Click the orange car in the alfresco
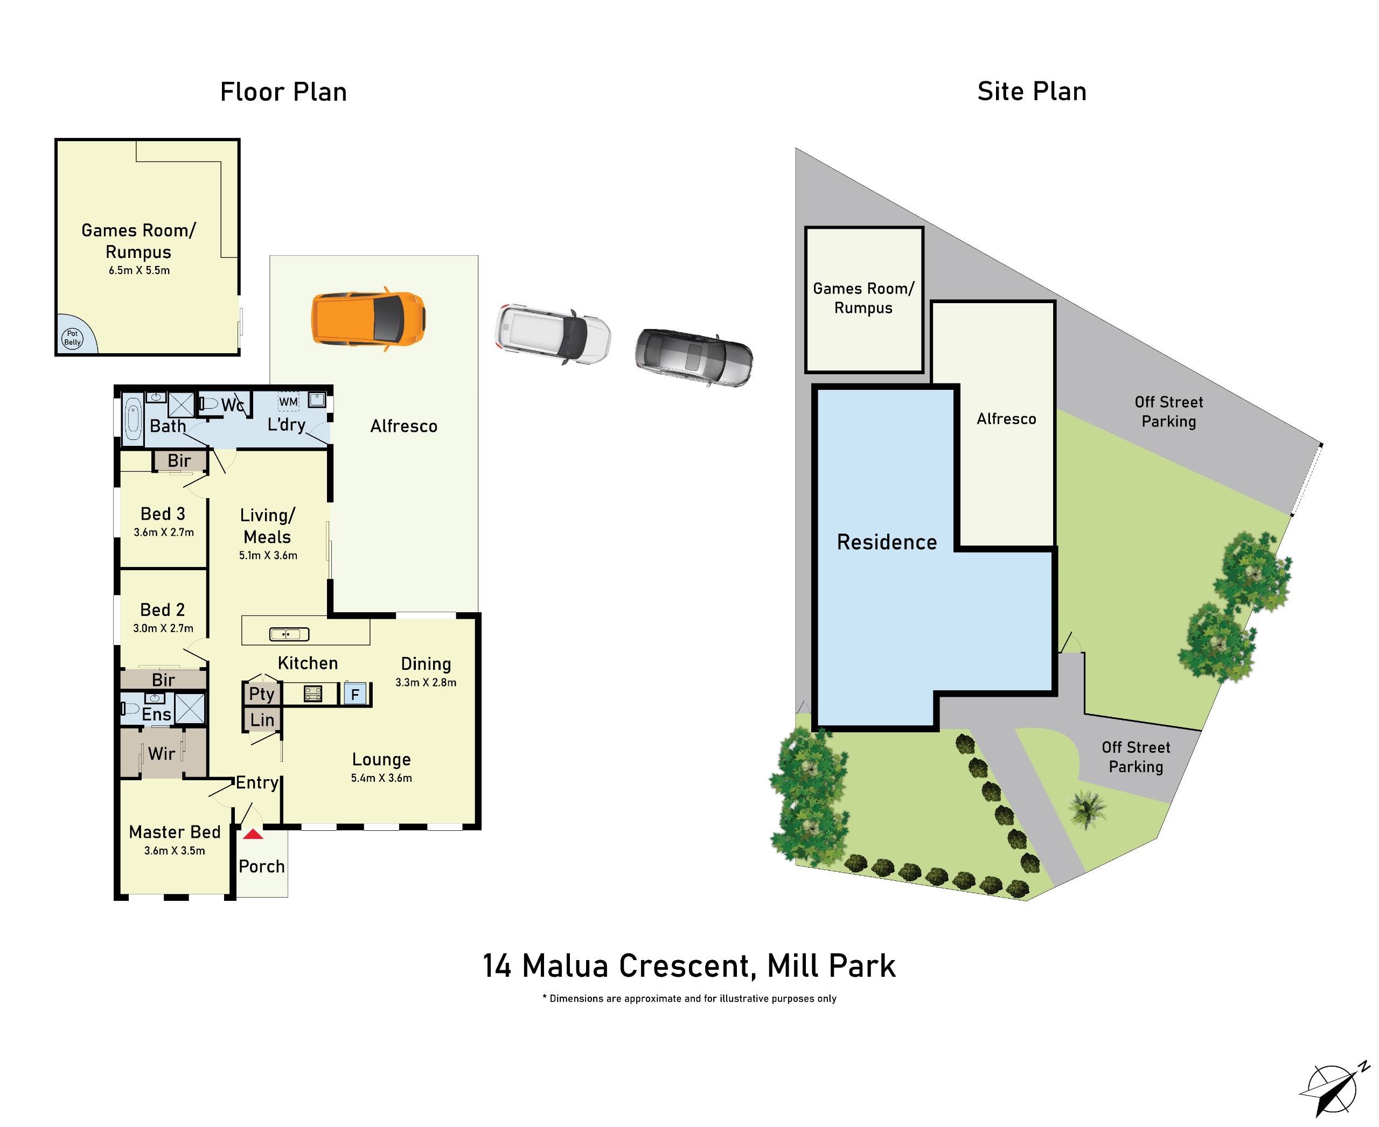tap(368, 319)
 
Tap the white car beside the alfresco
tap(553, 333)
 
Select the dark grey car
tap(694, 357)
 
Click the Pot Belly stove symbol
tap(72, 338)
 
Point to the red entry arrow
tap(253, 834)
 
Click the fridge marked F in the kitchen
tap(354, 695)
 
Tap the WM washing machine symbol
tap(288, 401)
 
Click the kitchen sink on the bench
tap(289, 634)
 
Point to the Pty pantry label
tap(262, 694)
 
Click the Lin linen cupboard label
tap(262, 719)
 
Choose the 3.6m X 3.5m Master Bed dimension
tap(174, 850)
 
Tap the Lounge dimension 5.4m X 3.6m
tap(381, 778)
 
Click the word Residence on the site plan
tap(887, 542)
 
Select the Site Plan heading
tap(1032, 92)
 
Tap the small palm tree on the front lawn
tap(1086, 809)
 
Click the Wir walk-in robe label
tap(161, 753)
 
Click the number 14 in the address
tap(497, 965)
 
